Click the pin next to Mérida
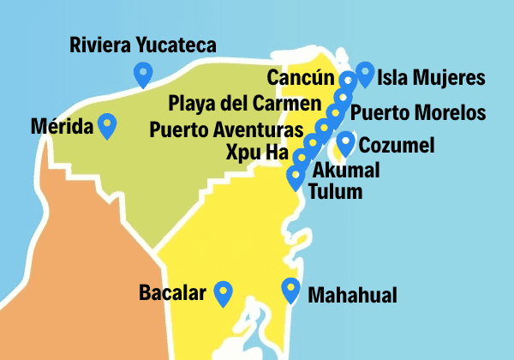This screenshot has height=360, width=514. click(107, 125)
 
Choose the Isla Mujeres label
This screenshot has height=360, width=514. click(431, 80)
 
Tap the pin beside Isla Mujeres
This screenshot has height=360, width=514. click(366, 74)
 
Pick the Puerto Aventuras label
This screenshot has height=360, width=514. click(226, 130)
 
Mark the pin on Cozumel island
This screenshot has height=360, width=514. click(346, 142)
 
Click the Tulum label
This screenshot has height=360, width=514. click(335, 190)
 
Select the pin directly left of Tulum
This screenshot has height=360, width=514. click(296, 177)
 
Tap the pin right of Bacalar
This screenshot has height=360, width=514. click(224, 293)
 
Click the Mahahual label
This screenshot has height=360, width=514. click(352, 295)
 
